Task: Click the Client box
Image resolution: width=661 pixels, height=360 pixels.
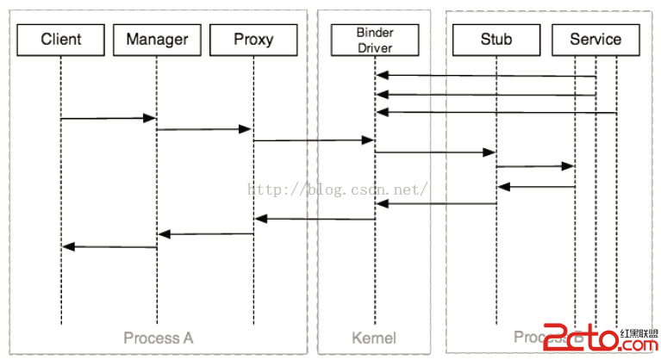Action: tap(60, 39)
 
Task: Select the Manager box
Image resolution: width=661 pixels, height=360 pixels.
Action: tap(157, 39)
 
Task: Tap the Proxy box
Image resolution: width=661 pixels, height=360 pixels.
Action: tap(253, 39)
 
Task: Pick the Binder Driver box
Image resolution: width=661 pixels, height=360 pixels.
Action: tap(375, 39)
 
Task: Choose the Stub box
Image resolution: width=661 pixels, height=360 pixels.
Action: tap(496, 39)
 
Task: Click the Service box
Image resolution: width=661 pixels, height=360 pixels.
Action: tap(596, 39)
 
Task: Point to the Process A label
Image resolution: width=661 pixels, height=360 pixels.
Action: tap(158, 337)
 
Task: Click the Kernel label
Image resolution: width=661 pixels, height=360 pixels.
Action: tap(374, 337)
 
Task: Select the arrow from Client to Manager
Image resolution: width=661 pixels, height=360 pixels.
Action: tap(109, 118)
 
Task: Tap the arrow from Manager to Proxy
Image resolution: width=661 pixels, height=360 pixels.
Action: tap(205, 129)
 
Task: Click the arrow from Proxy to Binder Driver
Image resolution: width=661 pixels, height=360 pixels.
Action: tap(314, 140)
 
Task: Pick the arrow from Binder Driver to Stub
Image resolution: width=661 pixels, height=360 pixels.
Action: tap(435, 152)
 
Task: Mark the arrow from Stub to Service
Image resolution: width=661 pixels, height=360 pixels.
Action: tap(535, 165)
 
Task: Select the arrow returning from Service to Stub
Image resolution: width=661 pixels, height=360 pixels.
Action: tap(535, 186)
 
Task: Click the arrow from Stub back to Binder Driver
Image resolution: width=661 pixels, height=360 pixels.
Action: tap(435, 203)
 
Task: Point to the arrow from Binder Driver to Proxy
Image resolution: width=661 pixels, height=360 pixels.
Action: tap(314, 219)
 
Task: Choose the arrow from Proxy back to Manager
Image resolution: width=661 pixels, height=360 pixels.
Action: tap(205, 233)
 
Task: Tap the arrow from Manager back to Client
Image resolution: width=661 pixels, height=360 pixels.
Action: tap(109, 247)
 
